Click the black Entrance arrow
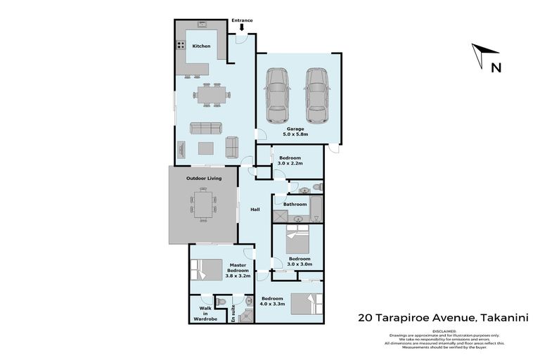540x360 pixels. (x=242, y=28)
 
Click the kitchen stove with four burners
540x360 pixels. (x=180, y=46)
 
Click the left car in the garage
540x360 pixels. (x=276, y=95)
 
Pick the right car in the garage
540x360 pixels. (x=317, y=95)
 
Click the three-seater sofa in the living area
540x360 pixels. (x=206, y=128)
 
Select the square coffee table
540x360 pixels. (x=206, y=148)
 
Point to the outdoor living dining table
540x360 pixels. (x=204, y=205)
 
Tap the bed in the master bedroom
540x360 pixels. (x=205, y=270)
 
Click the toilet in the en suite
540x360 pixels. (x=221, y=302)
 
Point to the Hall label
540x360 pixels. (x=255, y=209)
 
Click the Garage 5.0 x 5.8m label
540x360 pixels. (x=295, y=131)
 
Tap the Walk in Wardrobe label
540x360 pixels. (x=205, y=314)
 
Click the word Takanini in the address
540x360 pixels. (x=503, y=318)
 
